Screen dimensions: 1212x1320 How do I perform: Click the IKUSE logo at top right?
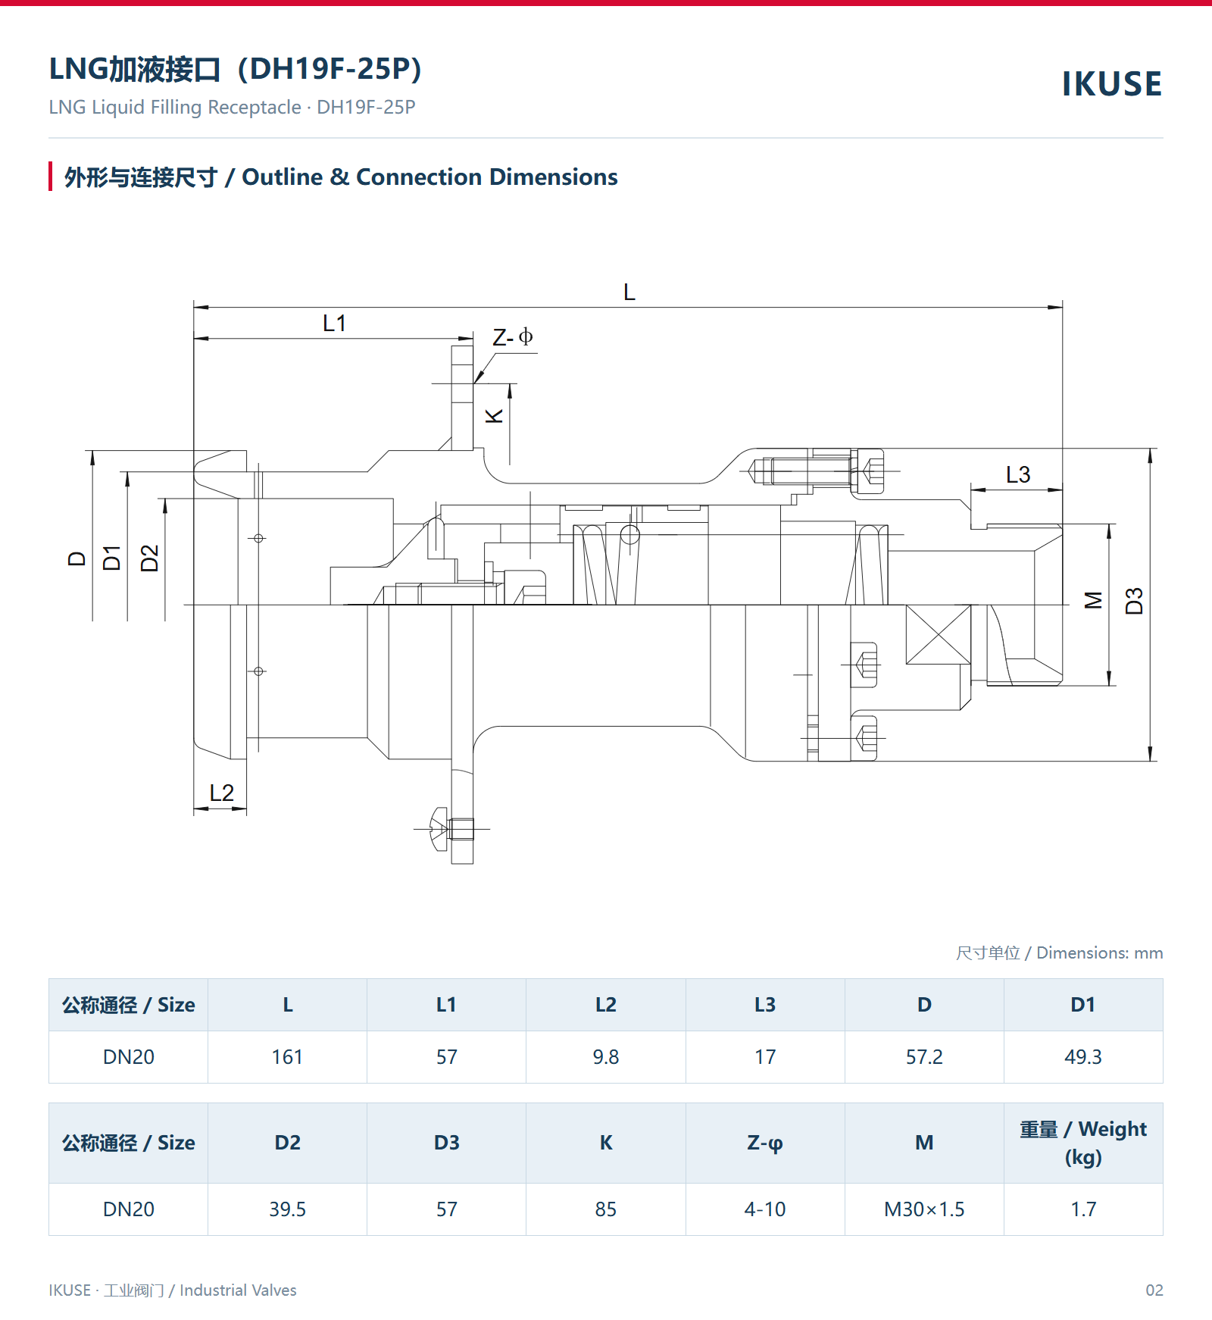tap(1111, 84)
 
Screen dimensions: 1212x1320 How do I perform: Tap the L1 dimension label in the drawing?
tap(334, 324)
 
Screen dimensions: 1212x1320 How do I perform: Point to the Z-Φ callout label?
tap(513, 337)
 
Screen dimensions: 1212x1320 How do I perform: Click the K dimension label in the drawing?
tap(494, 416)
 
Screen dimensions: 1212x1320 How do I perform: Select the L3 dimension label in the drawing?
tap(1018, 475)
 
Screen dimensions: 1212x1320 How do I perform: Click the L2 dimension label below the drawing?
tap(222, 793)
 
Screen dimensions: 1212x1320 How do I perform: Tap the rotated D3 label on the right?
tap(1134, 601)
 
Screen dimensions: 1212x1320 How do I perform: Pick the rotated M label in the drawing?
tap(1094, 600)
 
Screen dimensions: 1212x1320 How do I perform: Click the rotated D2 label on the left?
tap(150, 558)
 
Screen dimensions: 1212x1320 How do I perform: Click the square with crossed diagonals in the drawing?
tap(939, 634)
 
